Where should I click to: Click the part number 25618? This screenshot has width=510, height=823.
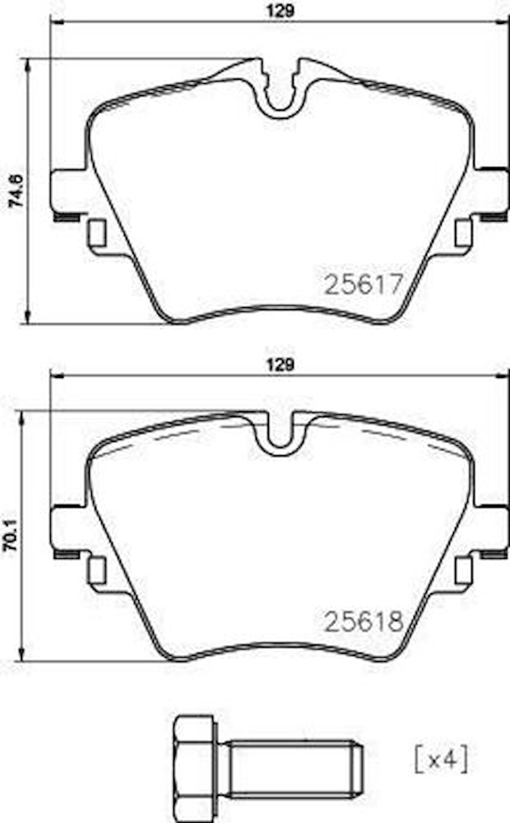[x=363, y=621]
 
